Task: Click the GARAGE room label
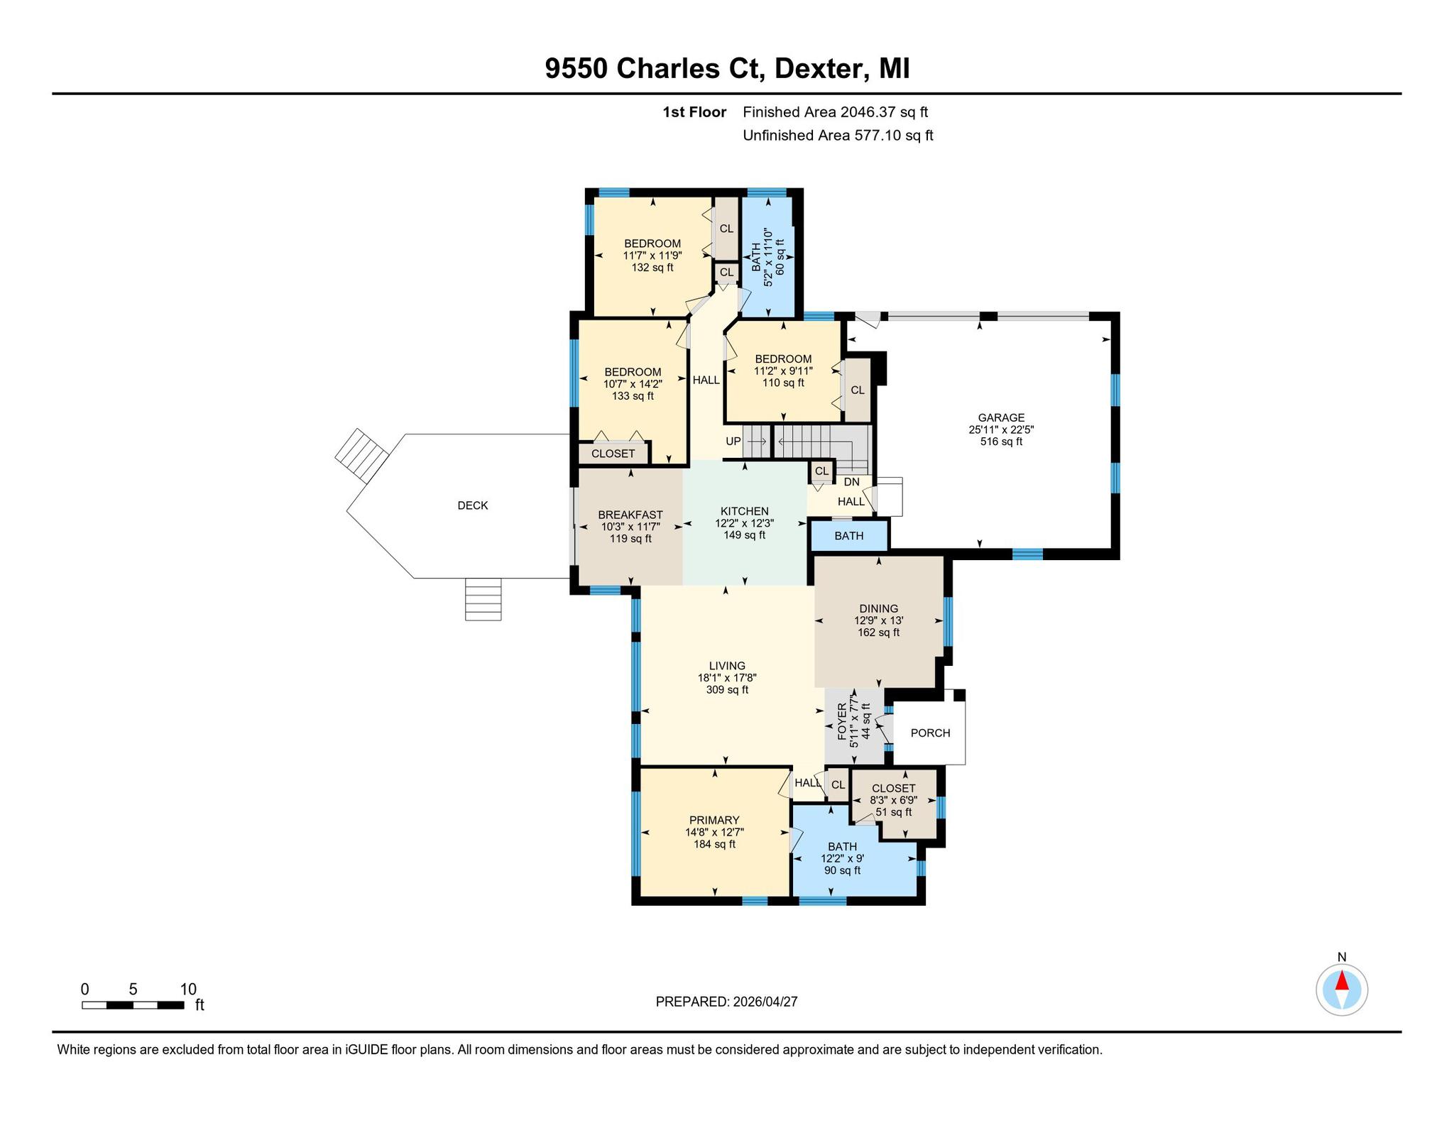(1001, 418)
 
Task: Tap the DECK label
(473, 505)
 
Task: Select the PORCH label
(930, 733)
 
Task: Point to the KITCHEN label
(744, 511)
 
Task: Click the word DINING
(879, 608)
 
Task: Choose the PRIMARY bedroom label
(714, 820)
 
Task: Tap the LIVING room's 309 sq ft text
(727, 690)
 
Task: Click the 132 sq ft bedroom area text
(652, 268)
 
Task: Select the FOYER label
(842, 722)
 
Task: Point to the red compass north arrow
(1342, 981)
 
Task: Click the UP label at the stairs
(733, 442)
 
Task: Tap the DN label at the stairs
(852, 482)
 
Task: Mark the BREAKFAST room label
(630, 515)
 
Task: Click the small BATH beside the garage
(849, 536)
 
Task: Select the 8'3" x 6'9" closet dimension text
(893, 800)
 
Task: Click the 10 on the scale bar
(188, 990)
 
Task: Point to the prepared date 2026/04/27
(765, 1002)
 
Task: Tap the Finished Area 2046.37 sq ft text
(835, 111)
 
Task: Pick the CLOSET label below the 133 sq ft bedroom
(613, 454)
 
